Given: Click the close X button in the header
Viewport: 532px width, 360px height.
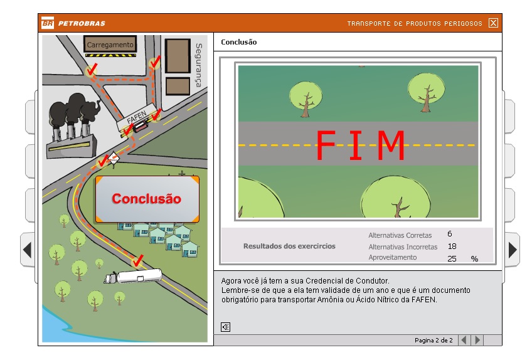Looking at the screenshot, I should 493,23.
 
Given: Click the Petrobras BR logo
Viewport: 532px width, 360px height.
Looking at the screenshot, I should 47,24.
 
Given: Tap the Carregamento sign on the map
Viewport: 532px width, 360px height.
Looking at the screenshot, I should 110,45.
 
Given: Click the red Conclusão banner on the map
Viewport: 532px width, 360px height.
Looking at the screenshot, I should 147,199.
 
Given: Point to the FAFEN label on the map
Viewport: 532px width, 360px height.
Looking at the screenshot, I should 136,119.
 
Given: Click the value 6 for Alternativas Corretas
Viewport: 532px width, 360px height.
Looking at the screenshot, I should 450,234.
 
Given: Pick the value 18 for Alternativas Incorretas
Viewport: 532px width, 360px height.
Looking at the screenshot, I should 452,246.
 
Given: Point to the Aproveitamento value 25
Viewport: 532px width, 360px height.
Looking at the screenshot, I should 452,258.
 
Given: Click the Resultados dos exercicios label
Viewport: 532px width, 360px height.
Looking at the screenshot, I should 289,246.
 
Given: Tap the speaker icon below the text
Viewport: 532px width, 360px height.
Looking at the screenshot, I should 226,327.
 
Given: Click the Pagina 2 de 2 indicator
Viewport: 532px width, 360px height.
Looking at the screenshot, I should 434,341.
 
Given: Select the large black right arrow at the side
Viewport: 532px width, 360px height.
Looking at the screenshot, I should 513,250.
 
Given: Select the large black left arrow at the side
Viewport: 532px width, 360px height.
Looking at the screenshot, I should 27,250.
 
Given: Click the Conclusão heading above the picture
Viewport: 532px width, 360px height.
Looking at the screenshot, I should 239,42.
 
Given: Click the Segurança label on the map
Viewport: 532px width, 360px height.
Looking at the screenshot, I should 198,65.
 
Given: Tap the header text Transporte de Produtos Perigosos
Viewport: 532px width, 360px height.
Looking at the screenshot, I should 415,24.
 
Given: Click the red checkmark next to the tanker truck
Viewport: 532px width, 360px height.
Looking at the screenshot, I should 139,259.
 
